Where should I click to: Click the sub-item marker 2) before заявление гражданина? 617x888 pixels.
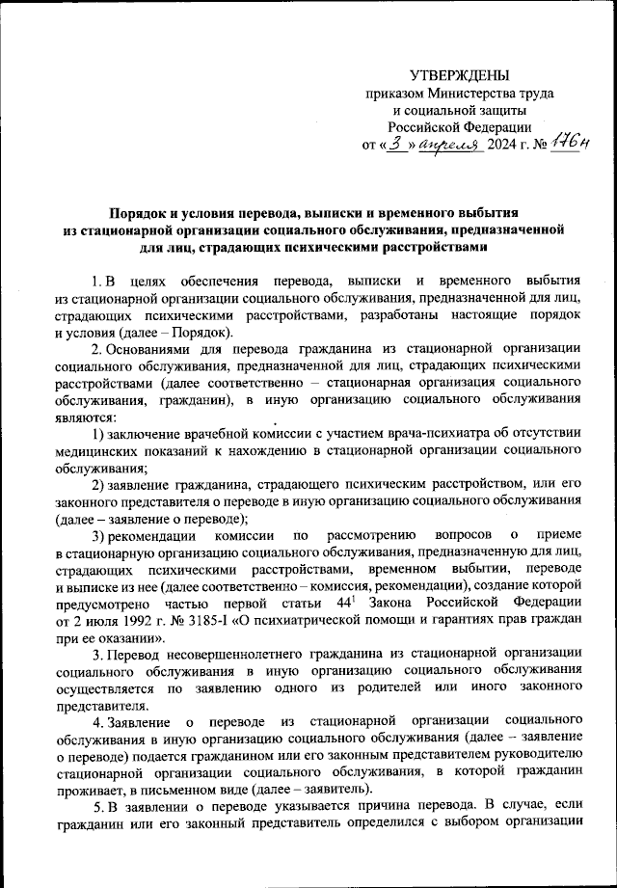(98, 484)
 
